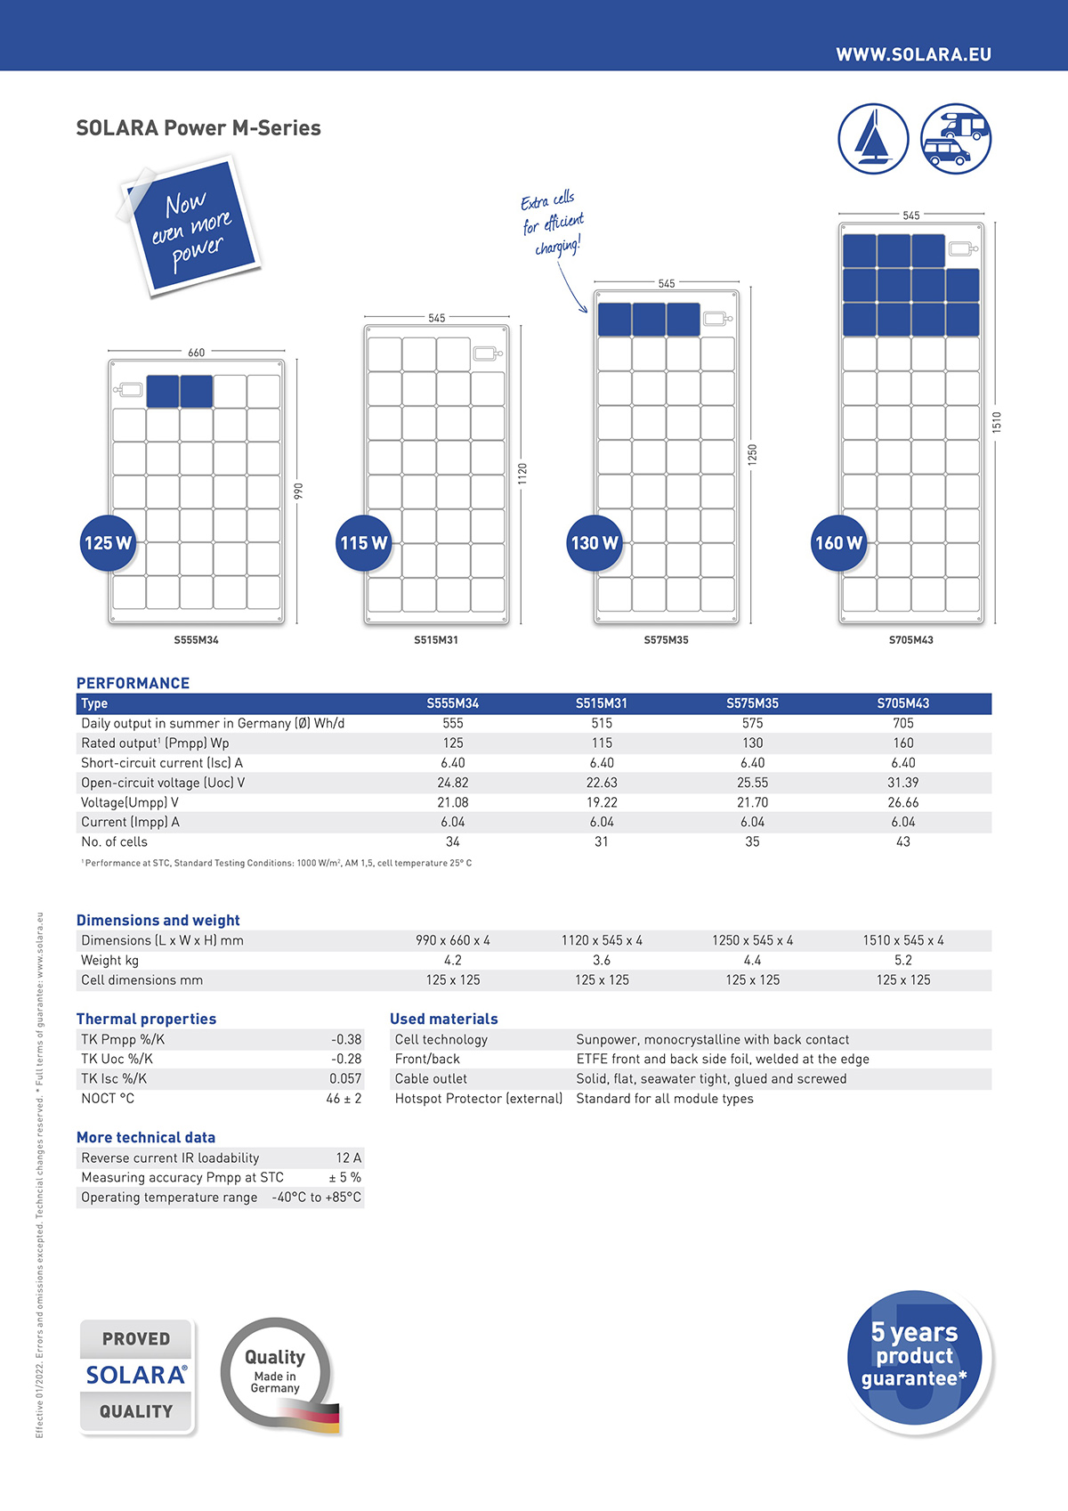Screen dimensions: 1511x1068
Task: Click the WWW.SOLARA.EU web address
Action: [x=913, y=54]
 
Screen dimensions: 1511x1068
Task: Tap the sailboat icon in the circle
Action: [x=873, y=139]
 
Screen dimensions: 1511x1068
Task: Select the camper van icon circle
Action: [x=955, y=139]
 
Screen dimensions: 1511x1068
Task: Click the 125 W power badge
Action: [x=108, y=543]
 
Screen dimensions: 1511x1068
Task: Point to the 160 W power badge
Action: [x=838, y=543]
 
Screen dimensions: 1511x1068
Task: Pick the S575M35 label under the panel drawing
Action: [x=666, y=640]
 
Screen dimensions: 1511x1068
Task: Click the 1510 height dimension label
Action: [x=997, y=422]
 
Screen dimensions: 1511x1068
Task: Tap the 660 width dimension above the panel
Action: [x=196, y=353]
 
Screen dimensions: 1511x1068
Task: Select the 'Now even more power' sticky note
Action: [x=190, y=226]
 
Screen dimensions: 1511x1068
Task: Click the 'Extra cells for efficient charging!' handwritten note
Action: [x=552, y=223]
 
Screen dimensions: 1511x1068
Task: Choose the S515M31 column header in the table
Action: [x=602, y=703]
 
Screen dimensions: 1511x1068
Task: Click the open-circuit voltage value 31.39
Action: [x=903, y=783]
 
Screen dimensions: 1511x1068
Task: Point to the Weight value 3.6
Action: [x=602, y=960]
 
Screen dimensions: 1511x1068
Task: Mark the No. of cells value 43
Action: [x=903, y=841]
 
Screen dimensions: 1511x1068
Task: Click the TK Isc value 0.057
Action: [x=345, y=1078]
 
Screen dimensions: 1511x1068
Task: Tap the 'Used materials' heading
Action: [x=443, y=1019]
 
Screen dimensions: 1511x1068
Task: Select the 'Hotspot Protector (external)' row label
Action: [x=479, y=1099]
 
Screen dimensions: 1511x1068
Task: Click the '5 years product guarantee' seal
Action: [x=916, y=1357]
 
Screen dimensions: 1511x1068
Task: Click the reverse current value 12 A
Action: [x=348, y=1158]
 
